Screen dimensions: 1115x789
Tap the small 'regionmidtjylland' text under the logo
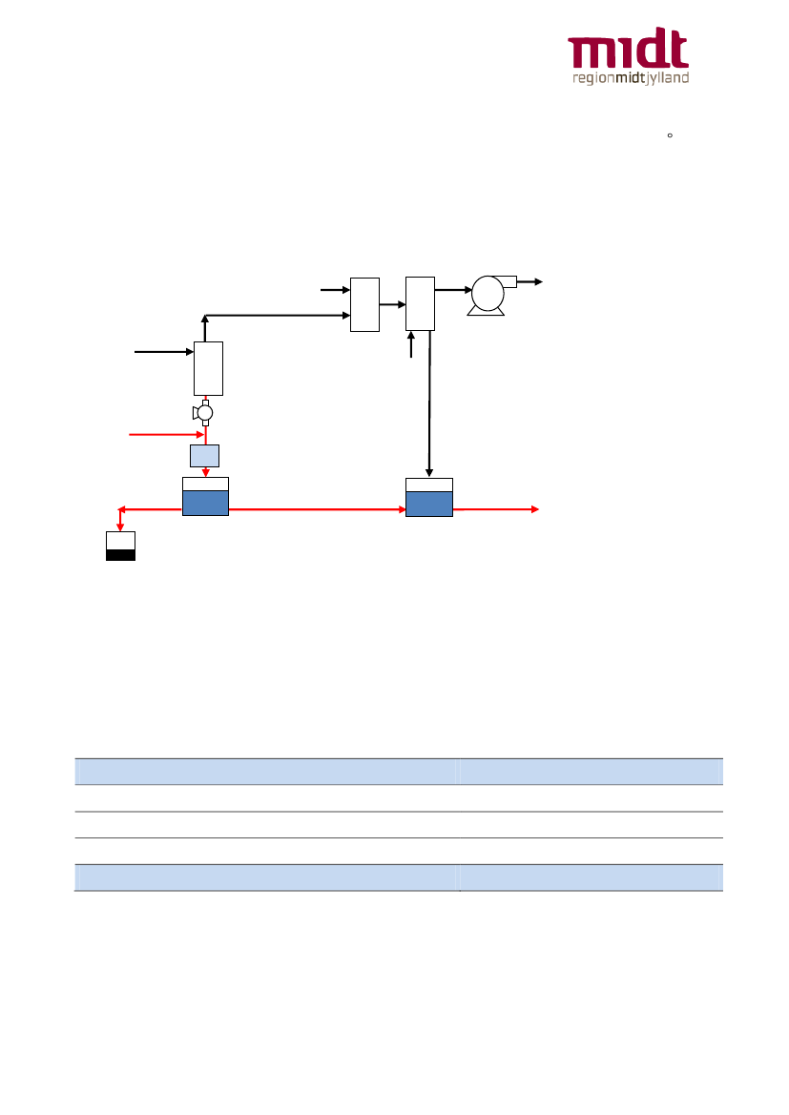point(629,78)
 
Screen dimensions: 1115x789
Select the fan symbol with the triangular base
point(488,295)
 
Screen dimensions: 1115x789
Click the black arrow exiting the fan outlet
point(529,281)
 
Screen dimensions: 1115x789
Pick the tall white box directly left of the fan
point(420,303)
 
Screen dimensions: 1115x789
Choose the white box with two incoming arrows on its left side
point(364,304)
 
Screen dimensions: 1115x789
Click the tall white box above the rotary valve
point(208,367)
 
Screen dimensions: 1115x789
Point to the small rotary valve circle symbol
point(204,412)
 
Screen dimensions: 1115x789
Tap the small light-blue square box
point(204,455)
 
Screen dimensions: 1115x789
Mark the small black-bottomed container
point(120,546)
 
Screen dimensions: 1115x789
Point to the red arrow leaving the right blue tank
point(496,510)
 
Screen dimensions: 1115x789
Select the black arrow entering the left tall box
point(164,352)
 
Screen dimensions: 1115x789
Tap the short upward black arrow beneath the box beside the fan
point(411,344)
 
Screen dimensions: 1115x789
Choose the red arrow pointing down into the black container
point(120,521)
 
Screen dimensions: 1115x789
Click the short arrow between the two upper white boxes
point(392,305)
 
